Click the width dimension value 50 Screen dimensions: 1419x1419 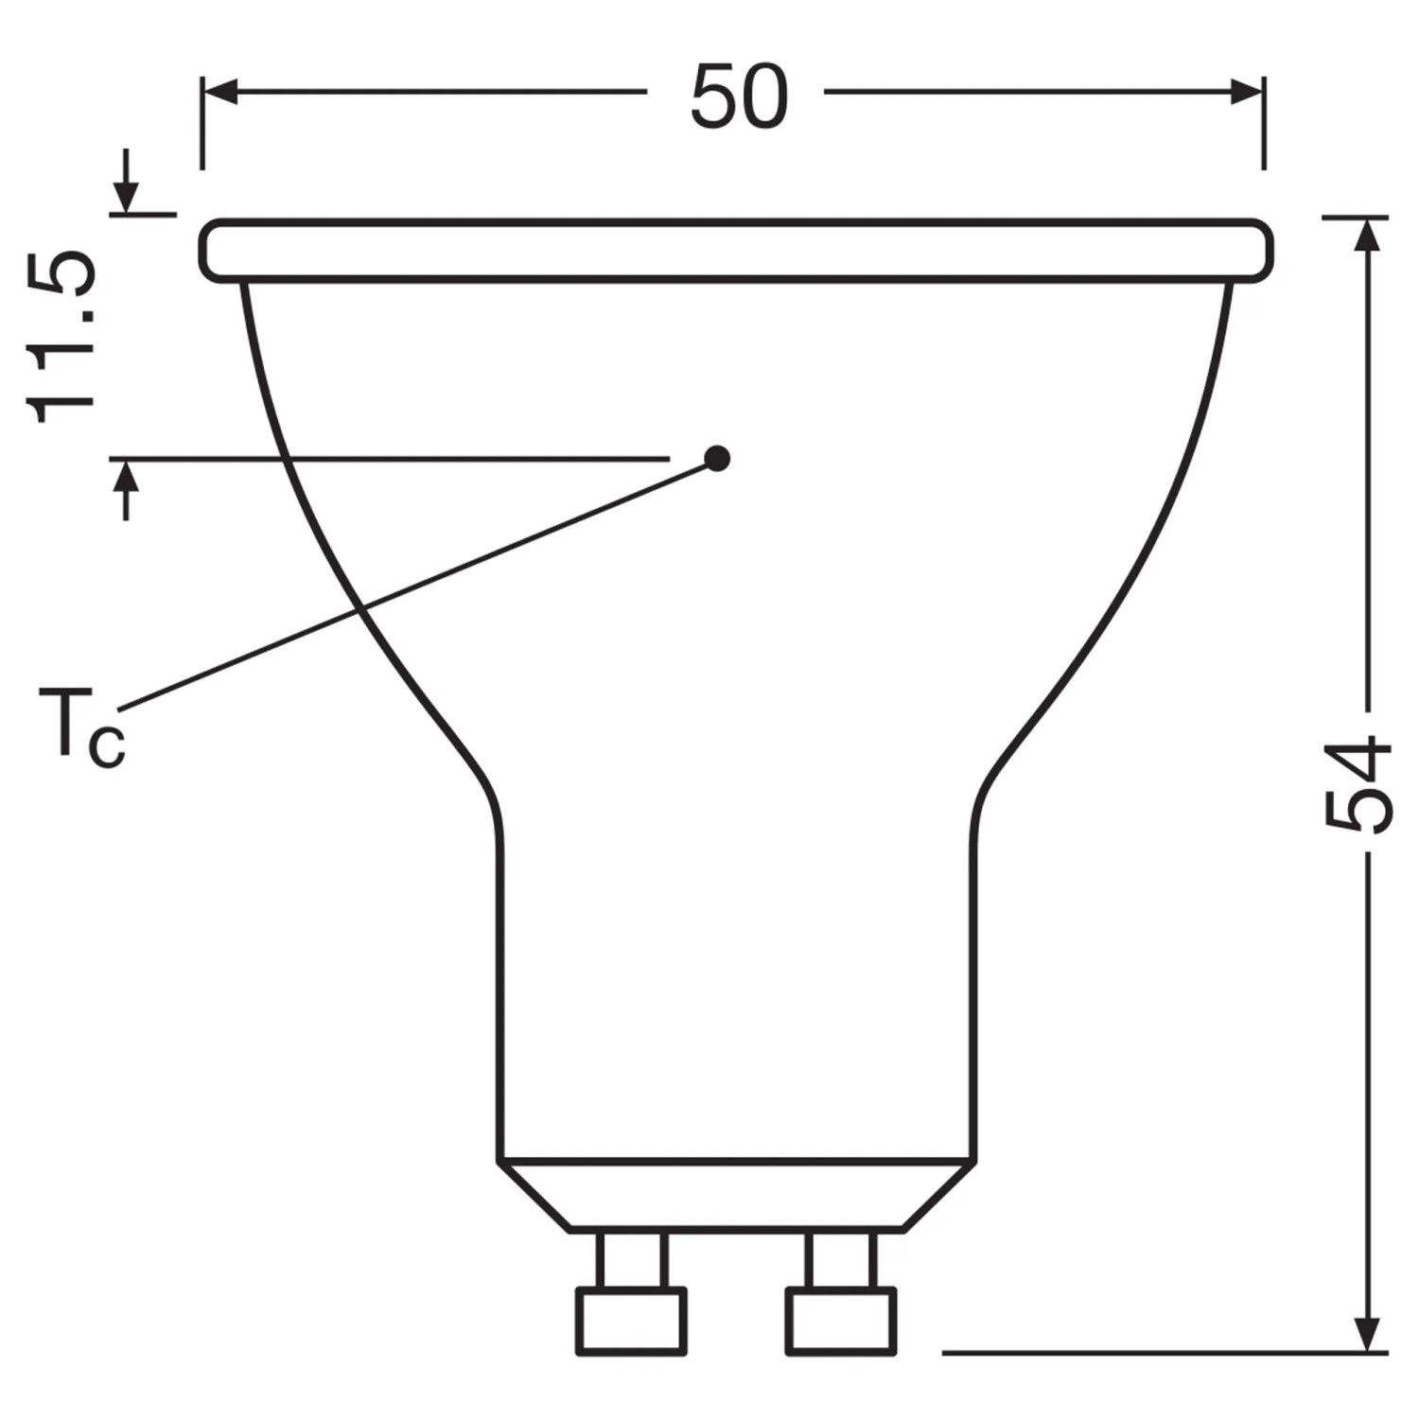tap(739, 97)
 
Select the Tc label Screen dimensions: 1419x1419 tap(81, 727)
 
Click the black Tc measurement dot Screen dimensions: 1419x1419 tap(718, 459)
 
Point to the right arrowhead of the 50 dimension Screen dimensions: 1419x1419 tap(1246, 92)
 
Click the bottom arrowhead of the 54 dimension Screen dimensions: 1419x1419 tap(1364, 1334)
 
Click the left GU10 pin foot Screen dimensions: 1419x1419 tap(631, 1322)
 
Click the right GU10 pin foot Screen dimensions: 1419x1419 tap(841, 1322)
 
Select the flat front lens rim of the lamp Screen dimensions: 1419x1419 tap(736, 251)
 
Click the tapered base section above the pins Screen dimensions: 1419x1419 tap(736, 1195)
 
